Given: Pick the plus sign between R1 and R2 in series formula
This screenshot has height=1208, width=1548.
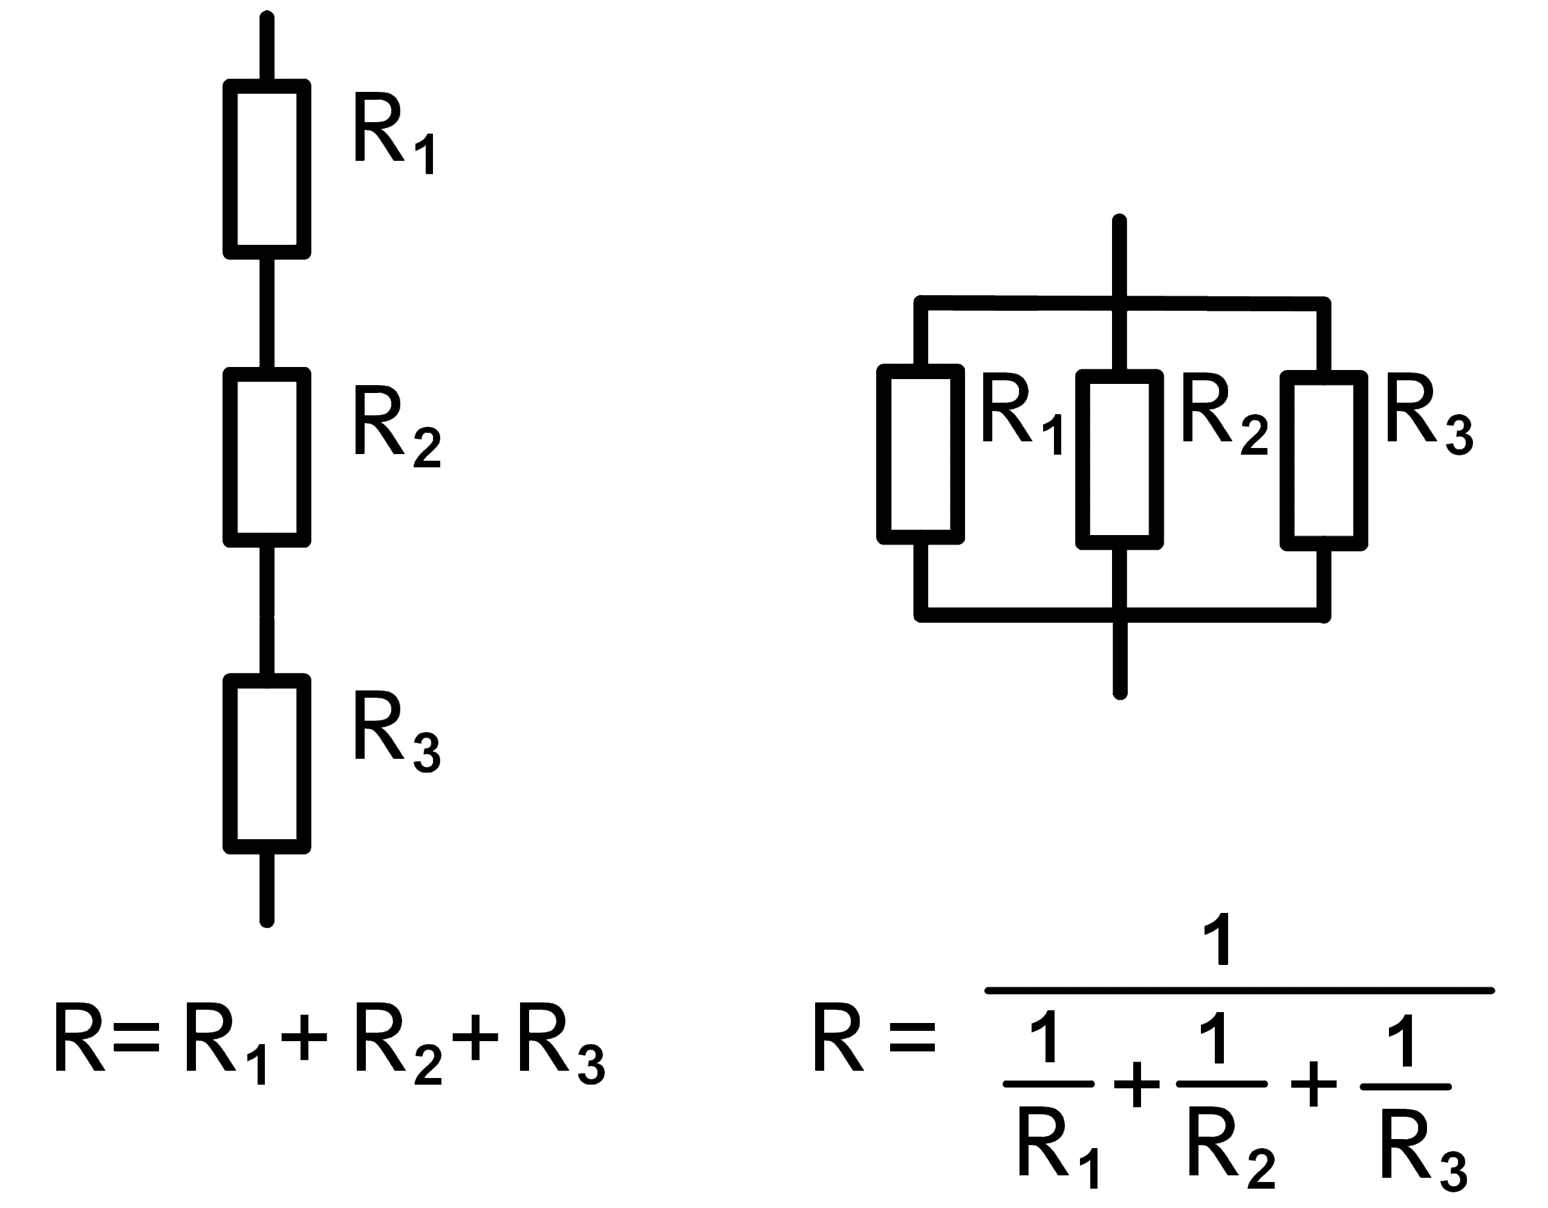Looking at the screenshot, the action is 304,1039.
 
